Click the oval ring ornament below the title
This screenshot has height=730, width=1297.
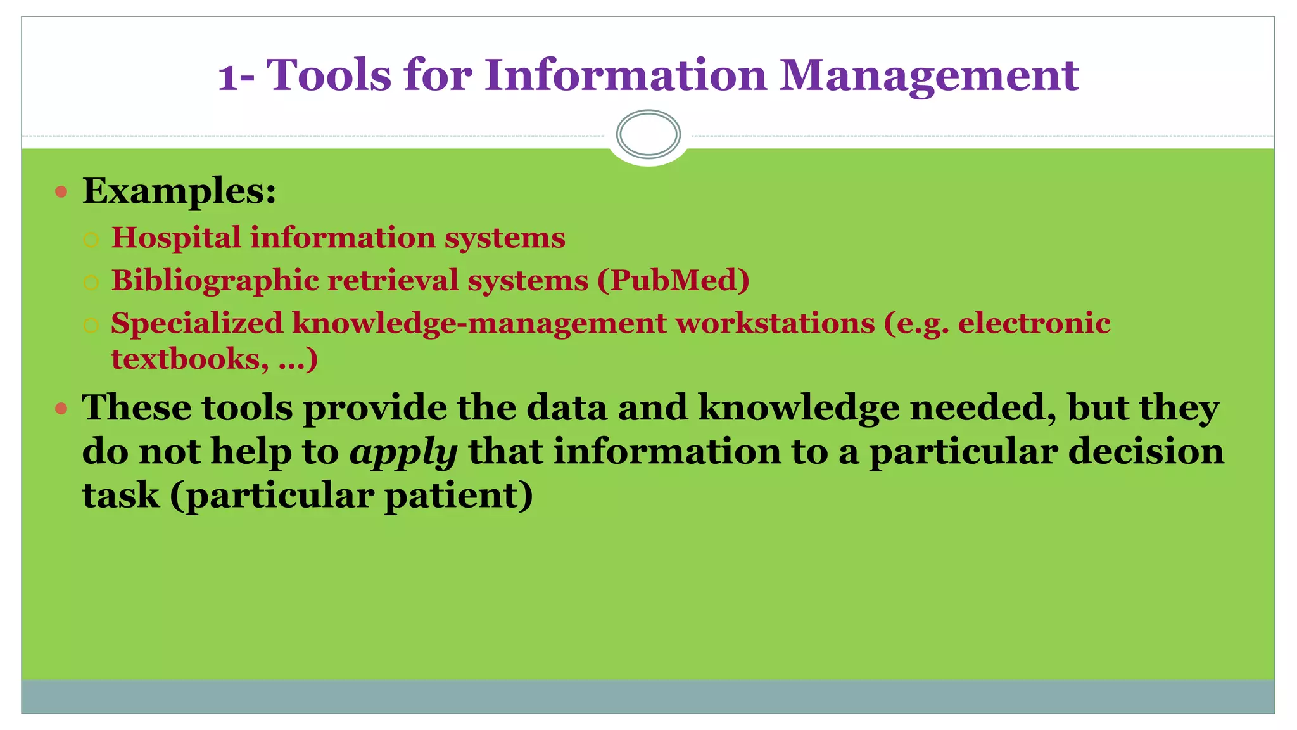(x=648, y=134)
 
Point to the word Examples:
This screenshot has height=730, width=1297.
(x=179, y=190)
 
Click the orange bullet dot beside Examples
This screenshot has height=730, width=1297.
(x=61, y=191)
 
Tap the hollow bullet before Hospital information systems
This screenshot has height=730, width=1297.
(x=91, y=240)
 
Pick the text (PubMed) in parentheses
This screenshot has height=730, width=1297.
(x=673, y=280)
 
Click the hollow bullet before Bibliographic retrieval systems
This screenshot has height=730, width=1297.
(x=91, y=283)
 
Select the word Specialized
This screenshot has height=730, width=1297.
(x=197, y=323)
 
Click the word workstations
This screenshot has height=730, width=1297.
(x=775, y=323)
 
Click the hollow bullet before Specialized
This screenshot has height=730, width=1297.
(x=91, y=326)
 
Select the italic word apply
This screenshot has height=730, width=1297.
(x=403, y=452)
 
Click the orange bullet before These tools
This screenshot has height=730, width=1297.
(x=61, y=408)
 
